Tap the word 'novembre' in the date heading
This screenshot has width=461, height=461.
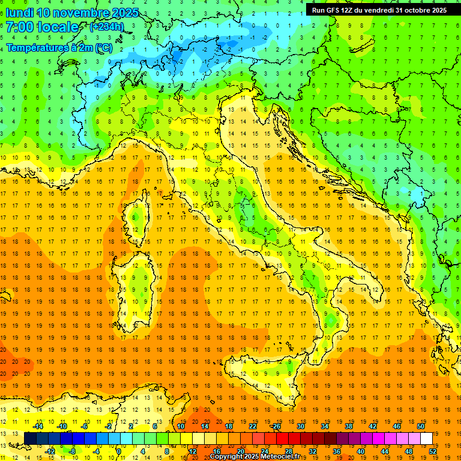[x=81, y=12]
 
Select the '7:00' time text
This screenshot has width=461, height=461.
[x=20, y=28]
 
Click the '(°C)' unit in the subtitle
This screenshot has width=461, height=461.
[x=103, y=47]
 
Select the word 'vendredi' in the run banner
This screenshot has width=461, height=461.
[x=376, y=10]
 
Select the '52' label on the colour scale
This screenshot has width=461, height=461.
[x=433, y=451]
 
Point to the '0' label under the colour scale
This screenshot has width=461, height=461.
[x=118, y=451]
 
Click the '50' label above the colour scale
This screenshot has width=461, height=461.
[x=421, y=426]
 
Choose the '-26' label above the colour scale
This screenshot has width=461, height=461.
[x=276, y=426]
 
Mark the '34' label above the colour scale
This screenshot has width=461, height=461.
[x=324, y=426]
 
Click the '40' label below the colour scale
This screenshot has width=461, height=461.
[x=361, y=451]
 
